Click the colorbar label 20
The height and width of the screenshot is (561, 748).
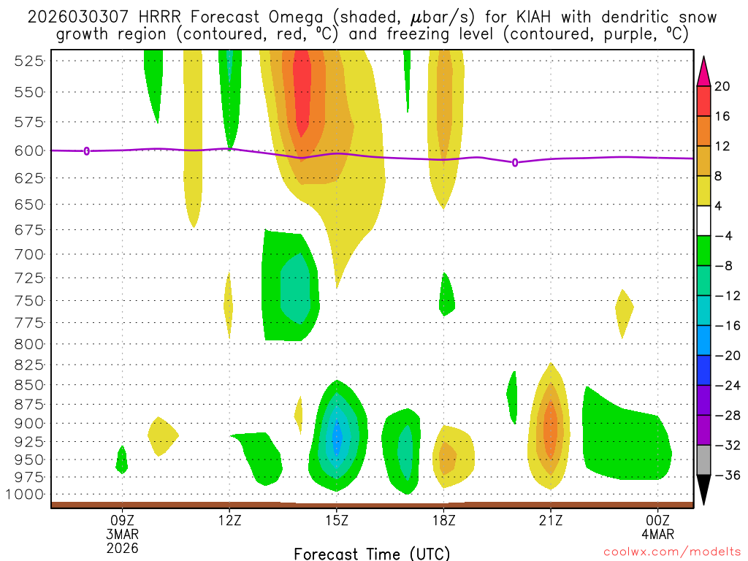pos(722,86)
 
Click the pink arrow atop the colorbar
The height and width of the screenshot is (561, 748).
pos(703,70)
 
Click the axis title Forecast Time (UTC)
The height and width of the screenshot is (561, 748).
pos(372,553)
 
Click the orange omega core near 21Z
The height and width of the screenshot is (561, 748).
pos(550,427)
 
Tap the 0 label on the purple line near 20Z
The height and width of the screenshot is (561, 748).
pos(515,162)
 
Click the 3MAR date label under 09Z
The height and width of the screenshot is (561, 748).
pos(121,534)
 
